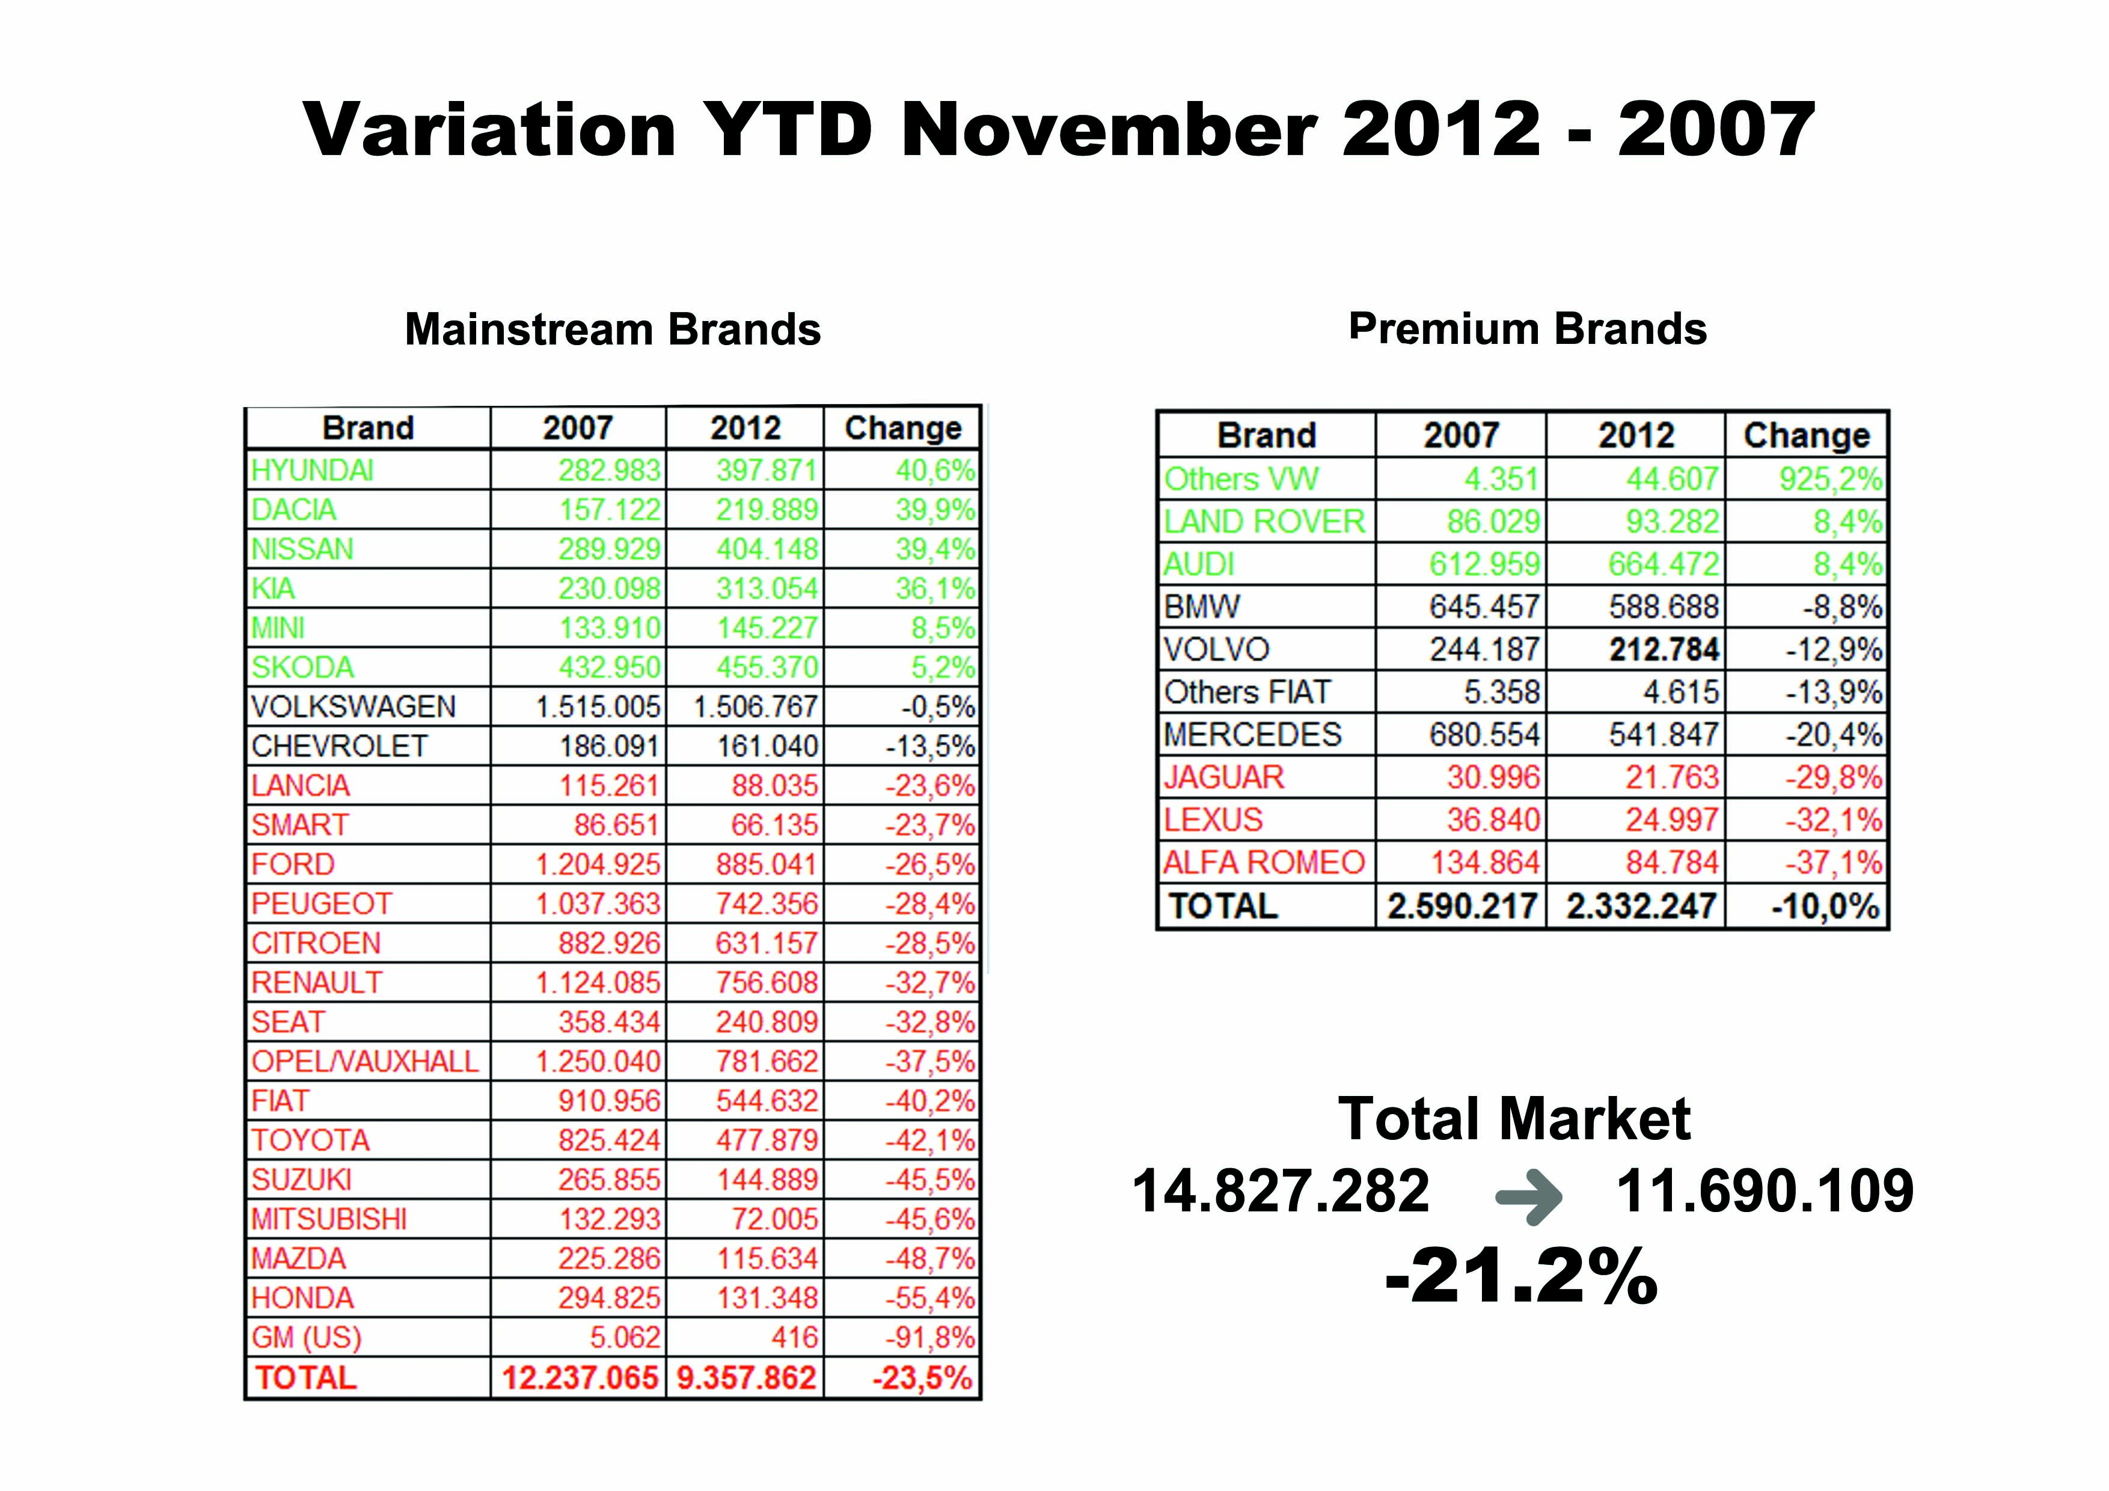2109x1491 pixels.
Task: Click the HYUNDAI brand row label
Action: click(x=312, y=470)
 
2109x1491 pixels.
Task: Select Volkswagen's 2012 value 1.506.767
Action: click(x=755, y=706)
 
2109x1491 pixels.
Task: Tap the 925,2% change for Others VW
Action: click(x=1830, y=479)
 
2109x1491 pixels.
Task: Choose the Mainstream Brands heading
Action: click(x=613, y=329)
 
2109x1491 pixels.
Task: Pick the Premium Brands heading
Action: click(x=1528, y=328)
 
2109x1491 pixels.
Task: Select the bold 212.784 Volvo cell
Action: click(x=1664, y=649)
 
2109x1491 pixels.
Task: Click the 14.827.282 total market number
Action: click(x=1281, y=1192)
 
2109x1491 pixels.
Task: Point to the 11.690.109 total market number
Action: click(x=1765, y=1192)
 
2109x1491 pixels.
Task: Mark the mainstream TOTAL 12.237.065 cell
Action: click(x=580, y=1378)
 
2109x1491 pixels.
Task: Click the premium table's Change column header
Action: click(x=1806, y=435)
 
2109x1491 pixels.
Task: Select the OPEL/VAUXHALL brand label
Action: click(x=365, y=1061)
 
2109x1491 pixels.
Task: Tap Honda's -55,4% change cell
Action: click(x=929, y=1298)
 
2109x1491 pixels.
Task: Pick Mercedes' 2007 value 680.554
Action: click(x=1484, y=735)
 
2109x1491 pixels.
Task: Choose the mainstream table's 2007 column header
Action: click(x=578, y=428)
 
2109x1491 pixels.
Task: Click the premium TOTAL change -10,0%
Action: click(x=1825, y=907)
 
